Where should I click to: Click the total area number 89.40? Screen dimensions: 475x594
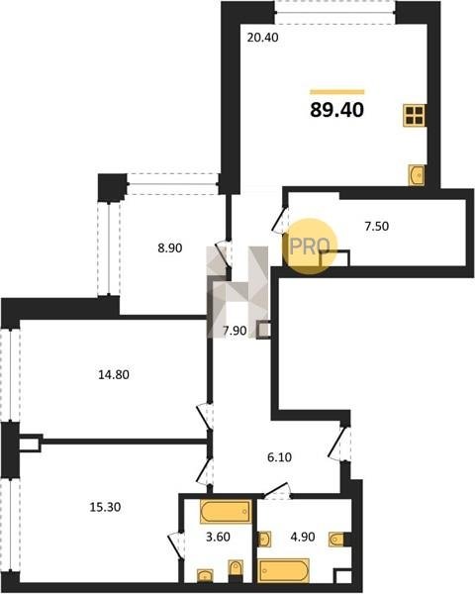pos(336,110)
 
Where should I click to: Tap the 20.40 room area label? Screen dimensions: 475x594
pos(262,38)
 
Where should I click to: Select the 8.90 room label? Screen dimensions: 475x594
pos(169,248)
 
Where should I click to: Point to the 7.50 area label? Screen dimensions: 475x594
pos(376,226)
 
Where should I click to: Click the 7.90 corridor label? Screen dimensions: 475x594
pos(235,331)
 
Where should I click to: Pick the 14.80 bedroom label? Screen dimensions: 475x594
pos(114,374)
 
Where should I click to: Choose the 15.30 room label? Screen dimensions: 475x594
pos(105,507)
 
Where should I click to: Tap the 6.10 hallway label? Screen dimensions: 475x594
pos(279,457)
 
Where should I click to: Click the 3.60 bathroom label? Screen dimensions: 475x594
pos(218,537)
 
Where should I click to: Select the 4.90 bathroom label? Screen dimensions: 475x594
pos(303,537)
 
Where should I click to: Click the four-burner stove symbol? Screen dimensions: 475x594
pos(414,116)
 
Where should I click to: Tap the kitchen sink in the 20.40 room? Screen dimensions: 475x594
pos(417,175)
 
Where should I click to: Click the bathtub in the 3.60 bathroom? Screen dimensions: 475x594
pos(226,512)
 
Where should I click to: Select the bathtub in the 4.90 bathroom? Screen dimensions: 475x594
pos(284,570)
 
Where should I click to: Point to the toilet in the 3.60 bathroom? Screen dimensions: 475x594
pos(236,570)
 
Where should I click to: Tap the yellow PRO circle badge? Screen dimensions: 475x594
pos(310,247)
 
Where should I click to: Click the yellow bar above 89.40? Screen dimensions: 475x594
pos(337,92)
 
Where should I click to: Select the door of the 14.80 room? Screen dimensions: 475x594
pos(205,417)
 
